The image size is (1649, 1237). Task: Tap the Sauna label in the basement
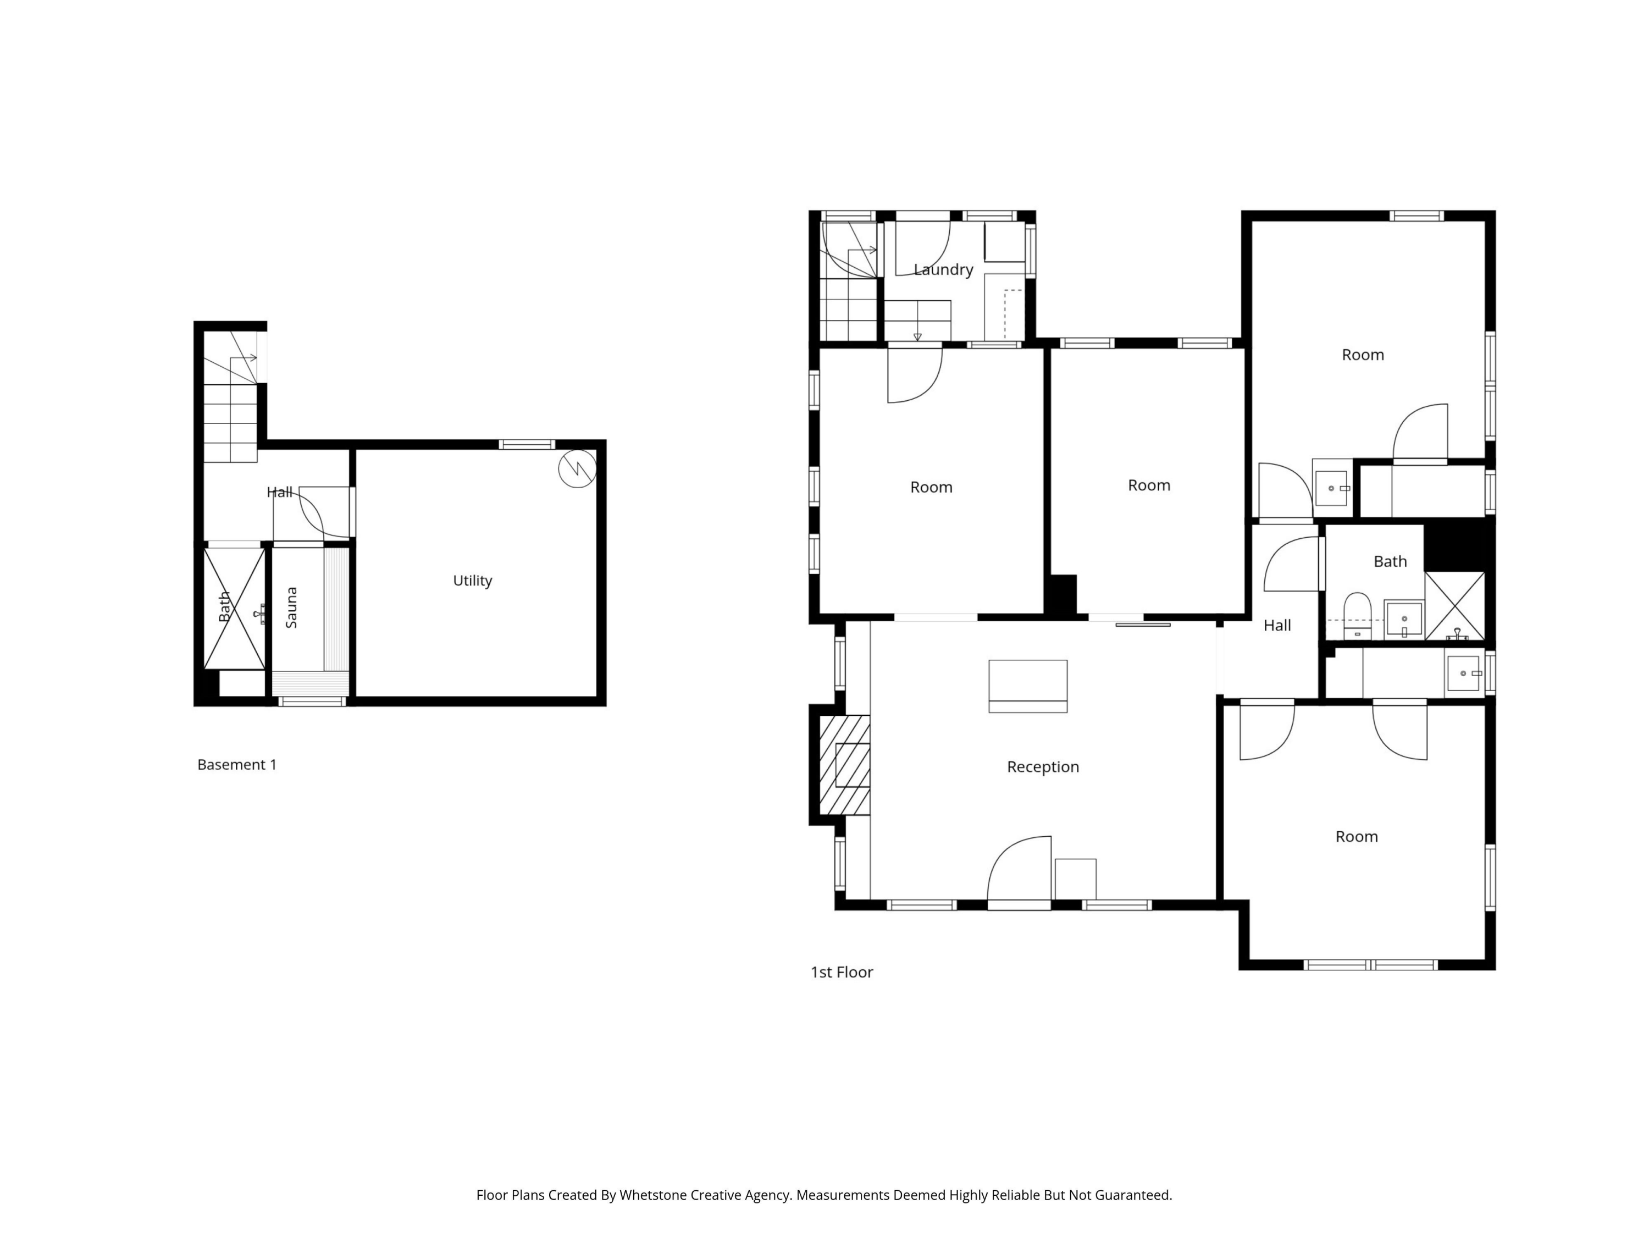[291, 608]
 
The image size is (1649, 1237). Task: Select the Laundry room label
[943, 270]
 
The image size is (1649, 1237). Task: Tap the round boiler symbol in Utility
[577, 469]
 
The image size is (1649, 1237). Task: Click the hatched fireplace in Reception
[845, 765]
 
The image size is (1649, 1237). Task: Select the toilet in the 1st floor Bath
[1357, 615]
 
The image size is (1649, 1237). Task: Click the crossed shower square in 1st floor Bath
[1454, 605]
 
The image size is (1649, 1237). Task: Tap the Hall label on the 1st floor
[1276, 626]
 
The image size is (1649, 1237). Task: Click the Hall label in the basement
[280, 492]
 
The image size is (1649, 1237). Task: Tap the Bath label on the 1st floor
[1390, 561]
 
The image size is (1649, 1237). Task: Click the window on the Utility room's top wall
[527, 444]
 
